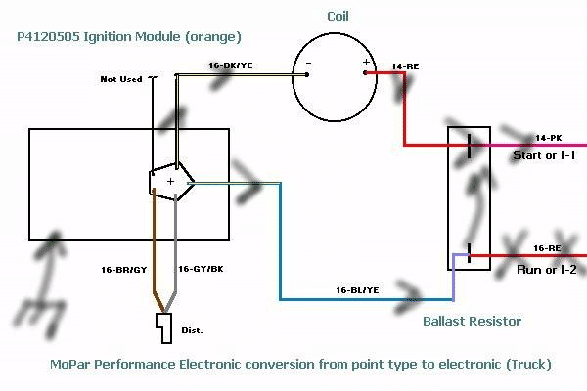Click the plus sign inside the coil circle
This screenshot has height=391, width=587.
pyautogui.click(x=366, y=62)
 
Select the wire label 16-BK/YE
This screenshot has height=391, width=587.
pyautogui.click(x=232, y=65)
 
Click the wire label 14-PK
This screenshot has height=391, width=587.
pyautogui.click(x=549, y=138)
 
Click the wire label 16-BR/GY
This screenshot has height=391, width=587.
pyautogui.click(x=124, y=268)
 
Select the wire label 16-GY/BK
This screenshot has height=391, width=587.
pyautogui.click(x=202, y=268)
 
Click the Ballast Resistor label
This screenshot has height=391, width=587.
pyautogui.click(x=472, y=321)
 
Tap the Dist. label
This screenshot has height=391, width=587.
pyautogui.click(x=190, y=331)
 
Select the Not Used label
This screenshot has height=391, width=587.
pyautogui.click(x=121, y=79)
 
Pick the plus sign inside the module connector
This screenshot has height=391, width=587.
pyautogui.click(x=170, y=181)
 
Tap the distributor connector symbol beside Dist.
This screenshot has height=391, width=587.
pyautogui.click(x=164, y=328)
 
